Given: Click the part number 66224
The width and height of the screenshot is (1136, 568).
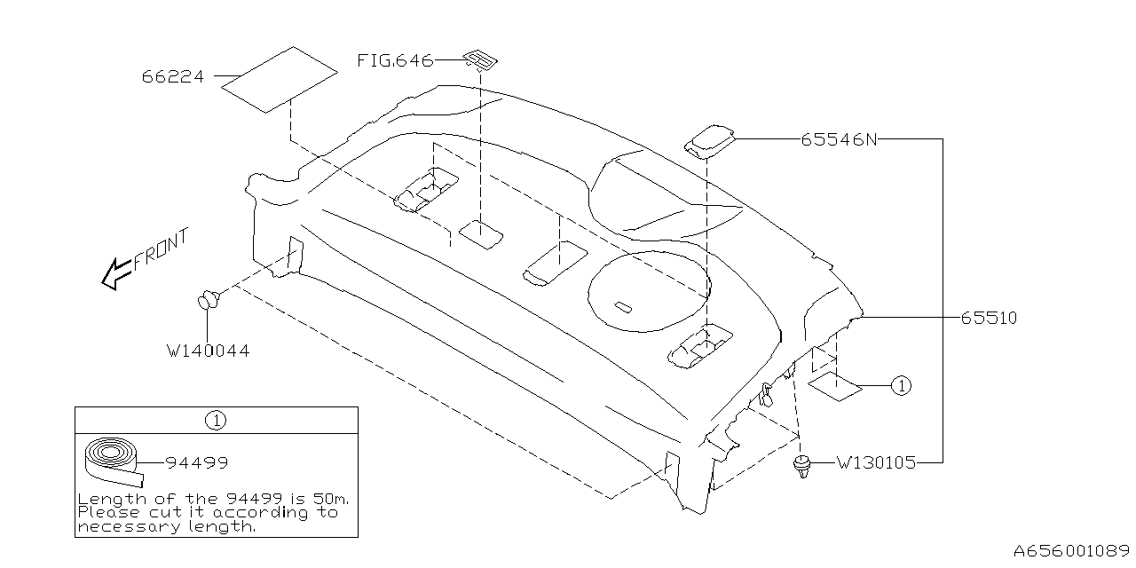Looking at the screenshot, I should coord(172,77).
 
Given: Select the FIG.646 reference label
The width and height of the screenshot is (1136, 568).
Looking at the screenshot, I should coord(395,61).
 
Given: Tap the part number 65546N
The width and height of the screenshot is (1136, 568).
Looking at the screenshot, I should coord(838,139).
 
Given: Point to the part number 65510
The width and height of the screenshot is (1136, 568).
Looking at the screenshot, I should coord(988,318).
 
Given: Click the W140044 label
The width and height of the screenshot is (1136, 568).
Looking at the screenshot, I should coord(208,351).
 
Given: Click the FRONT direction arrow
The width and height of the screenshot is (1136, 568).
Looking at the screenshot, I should coord(115,273).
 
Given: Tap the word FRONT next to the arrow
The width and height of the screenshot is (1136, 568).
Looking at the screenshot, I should coord(162,248).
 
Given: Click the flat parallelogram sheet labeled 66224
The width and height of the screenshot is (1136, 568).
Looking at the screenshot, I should coord(279,79).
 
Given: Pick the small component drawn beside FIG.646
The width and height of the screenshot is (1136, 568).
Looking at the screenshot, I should coord(480,60).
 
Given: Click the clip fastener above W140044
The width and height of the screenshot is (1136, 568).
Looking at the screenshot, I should coord(209,300).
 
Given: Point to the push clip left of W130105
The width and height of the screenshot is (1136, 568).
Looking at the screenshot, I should coord(802,466).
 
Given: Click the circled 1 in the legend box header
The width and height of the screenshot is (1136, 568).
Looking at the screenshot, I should coord(216,420).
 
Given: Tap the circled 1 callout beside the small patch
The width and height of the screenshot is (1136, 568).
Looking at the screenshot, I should coord(900,385).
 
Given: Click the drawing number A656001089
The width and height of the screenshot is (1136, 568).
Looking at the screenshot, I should coord(1072,550).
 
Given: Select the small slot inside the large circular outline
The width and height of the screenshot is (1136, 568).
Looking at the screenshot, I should coord(623,307).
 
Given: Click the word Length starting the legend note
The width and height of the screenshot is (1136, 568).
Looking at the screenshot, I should coord(103,499).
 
